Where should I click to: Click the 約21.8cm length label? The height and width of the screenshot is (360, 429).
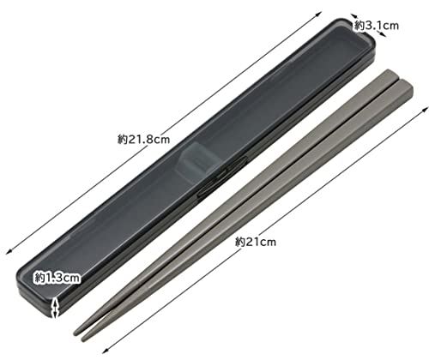pos(143,140)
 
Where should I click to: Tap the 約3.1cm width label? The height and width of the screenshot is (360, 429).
pos(377,26)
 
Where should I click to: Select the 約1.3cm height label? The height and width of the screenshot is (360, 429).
pos(57,278)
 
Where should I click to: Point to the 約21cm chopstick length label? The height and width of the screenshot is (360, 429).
pos(256,242)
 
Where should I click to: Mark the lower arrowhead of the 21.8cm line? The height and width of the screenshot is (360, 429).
pos(9,251)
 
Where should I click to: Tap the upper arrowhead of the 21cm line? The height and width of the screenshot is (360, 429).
pos(426,110)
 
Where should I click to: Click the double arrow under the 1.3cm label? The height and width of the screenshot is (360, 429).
pos(56,308)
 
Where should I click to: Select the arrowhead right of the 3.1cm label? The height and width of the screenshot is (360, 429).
pos(383,34)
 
